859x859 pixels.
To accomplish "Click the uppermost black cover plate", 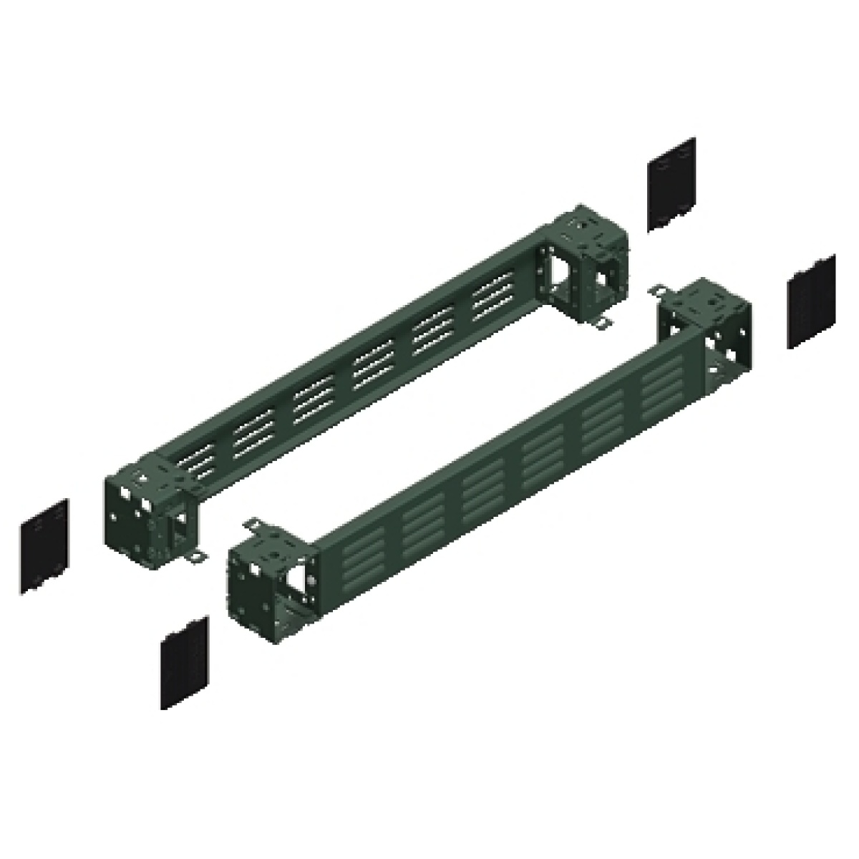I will click(x=671, y=184).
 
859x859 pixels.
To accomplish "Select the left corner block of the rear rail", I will click(x=147, y=508).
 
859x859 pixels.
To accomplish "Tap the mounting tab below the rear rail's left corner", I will click(x=193, y=558).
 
